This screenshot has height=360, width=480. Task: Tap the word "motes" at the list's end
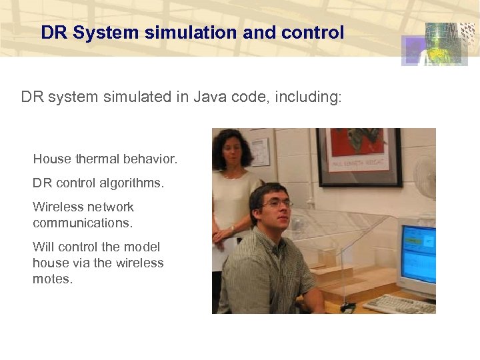(52, 279)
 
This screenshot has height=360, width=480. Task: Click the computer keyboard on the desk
(399, 304)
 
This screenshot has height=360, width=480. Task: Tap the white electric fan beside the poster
(425, 179)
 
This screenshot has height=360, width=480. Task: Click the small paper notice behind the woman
(261, 152)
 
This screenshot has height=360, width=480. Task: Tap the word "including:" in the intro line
(309, 98)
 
